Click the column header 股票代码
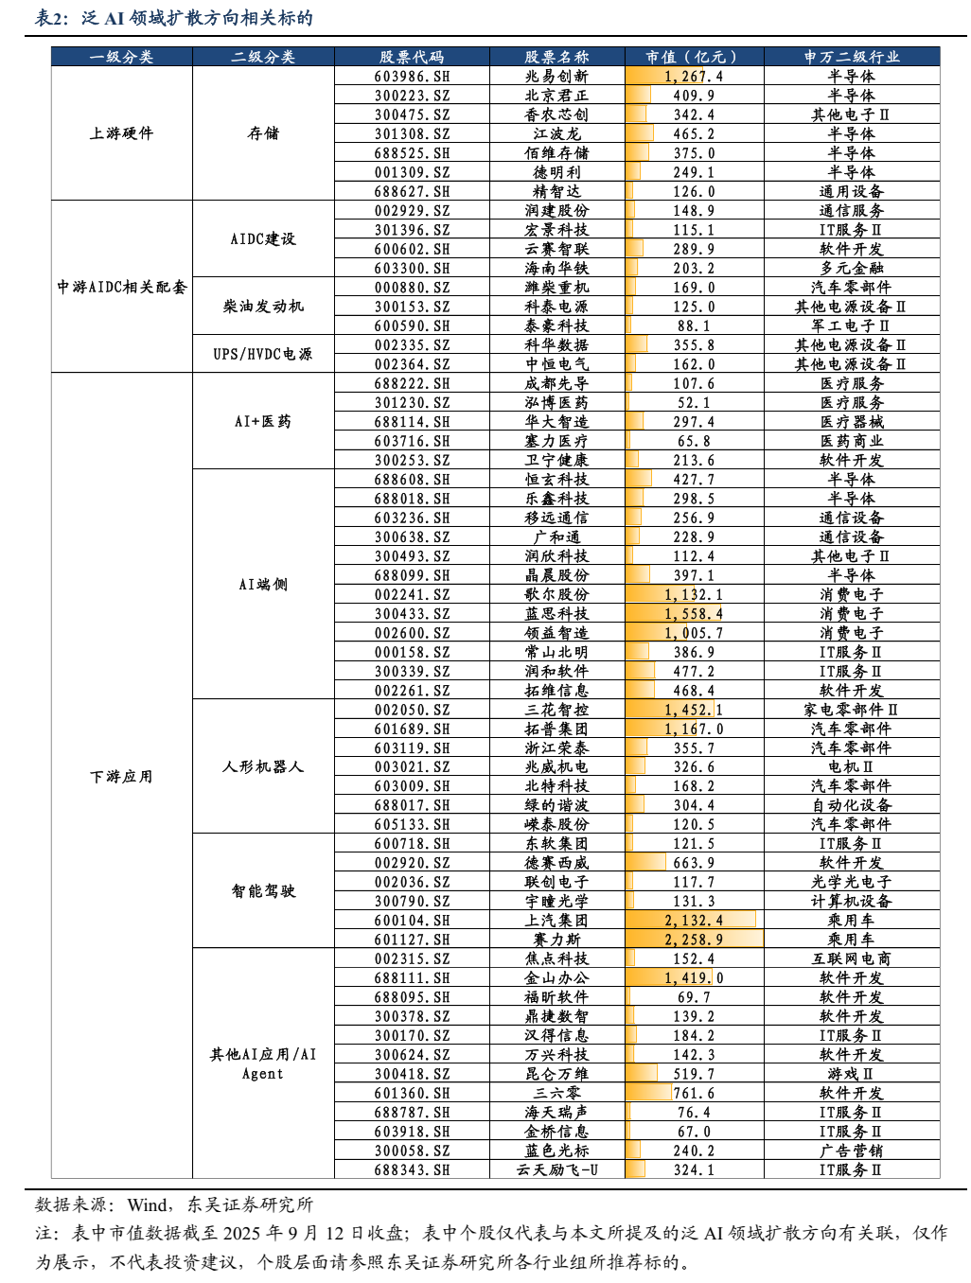pos(412,57)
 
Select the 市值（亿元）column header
pos(694,57)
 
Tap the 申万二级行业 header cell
pos(852,57)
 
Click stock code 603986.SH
pos(412,77)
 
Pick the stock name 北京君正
pos(556,96)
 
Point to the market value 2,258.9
pos(694,940)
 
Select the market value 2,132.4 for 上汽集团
pos(694,921)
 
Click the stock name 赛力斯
pos(556,940)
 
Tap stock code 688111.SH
pos(412,978)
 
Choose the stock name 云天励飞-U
pos(556,1170)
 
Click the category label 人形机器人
pos(263,766)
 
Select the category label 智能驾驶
pos(263,891)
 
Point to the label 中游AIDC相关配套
pos(122,287)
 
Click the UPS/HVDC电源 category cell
pos(263,354)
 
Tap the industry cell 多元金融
pos(852,269)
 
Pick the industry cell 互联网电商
pos(852,958)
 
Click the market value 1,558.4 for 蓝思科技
pos(694,614)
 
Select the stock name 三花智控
pos(556,710)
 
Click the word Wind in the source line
pos(148,1204)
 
